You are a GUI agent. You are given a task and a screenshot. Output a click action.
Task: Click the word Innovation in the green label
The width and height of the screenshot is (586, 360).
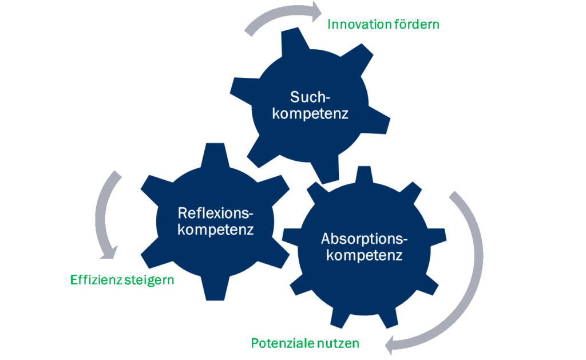click(354, 24)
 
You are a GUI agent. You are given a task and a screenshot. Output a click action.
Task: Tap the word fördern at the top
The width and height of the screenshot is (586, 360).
click(412, 24)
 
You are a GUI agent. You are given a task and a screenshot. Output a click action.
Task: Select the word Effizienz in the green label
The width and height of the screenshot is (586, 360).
click(96, 280)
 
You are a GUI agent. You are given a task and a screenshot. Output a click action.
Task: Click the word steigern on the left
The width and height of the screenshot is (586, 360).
click(149, 280)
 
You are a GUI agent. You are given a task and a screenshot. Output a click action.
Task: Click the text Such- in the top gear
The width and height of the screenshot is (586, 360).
click(310, 97)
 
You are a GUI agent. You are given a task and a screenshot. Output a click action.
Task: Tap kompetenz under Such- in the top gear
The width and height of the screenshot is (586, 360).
click(310, 114)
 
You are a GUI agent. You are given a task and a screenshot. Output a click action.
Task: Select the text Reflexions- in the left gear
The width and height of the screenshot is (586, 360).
click(216, 213)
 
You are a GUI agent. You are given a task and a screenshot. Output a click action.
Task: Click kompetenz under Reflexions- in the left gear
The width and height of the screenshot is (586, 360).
click(216, 230)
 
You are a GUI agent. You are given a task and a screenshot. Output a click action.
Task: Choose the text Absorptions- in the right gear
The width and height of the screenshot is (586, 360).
click(365, 239)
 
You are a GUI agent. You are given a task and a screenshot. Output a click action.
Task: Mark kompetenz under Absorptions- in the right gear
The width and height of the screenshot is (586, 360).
click(365, 255)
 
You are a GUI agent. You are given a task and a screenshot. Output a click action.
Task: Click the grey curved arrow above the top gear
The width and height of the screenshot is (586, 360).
click(281, 15)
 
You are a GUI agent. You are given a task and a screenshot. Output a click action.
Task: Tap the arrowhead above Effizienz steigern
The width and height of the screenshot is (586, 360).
click(109, 253)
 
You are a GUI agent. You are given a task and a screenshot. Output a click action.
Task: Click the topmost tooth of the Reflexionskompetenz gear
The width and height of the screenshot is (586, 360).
click(215, 154)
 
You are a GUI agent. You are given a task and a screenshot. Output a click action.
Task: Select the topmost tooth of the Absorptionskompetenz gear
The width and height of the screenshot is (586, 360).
click(364, 174)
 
